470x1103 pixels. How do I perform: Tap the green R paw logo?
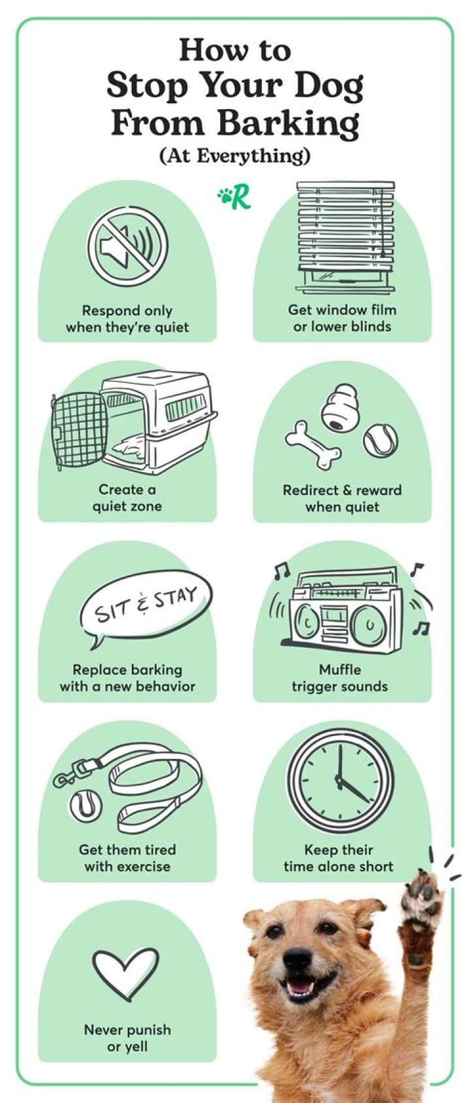[x=234, y=197]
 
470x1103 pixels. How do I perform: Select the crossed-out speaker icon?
[x=127, y=244]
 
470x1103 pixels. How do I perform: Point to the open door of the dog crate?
[x=79, y=432]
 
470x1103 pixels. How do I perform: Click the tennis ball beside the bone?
[x=381, y=441]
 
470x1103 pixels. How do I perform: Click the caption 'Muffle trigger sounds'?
[x=339, y=678]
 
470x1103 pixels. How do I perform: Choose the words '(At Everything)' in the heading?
[x=235, y=156]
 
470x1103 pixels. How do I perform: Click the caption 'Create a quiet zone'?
[x=127, y=498]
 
